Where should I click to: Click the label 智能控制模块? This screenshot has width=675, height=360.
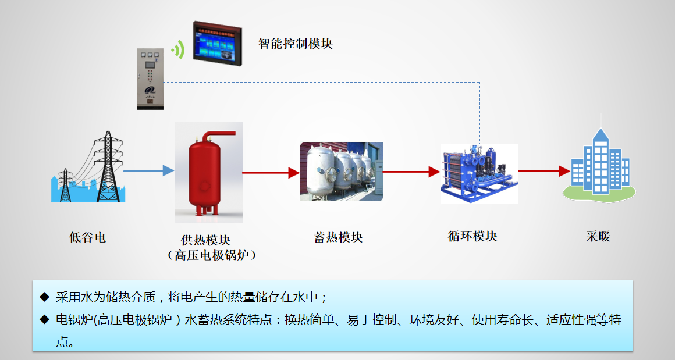click(296, 44)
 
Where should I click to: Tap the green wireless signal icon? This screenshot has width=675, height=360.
click(178, 50)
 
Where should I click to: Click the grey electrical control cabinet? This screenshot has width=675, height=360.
click(150, 79)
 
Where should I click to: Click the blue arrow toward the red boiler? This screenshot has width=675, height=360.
click(148, 170)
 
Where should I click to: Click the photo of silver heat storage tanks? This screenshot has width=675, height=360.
click(342, 172)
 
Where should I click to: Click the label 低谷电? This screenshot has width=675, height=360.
click(88, 237)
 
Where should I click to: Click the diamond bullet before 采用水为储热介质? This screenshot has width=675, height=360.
click(44, 297)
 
